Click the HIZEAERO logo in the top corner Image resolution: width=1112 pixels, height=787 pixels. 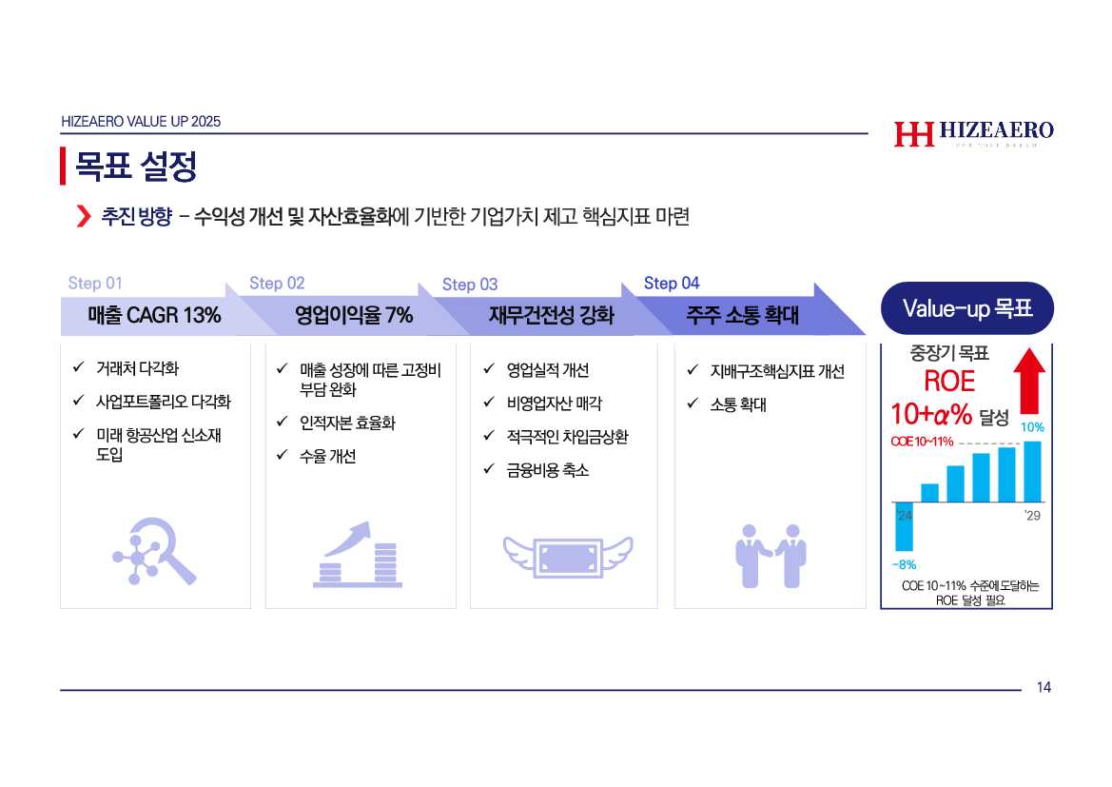point(974,132)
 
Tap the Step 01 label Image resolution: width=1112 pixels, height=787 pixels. point(95,284)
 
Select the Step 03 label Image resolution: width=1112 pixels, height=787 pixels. point(470,285)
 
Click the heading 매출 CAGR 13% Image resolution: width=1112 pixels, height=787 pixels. point(154,315)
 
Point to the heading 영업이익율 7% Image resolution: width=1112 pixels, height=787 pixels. point(354,315)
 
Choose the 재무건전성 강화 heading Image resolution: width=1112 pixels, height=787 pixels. point(551,315)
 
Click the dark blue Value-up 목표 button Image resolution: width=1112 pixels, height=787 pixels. point(967,308)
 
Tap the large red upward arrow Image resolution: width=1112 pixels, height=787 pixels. point(1029,381)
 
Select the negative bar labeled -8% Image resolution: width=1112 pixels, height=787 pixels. point(905,526)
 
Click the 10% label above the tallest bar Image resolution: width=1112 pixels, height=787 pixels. point(1032,427)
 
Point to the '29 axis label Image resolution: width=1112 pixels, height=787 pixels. point(1033,515)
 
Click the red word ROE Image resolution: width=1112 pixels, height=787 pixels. point(949,381)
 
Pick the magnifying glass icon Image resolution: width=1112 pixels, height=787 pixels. point(155,551)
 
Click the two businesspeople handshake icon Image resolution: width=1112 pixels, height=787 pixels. point(771,556)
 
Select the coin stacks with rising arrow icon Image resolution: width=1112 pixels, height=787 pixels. point(358,554)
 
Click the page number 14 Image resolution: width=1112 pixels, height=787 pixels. point(1044,687)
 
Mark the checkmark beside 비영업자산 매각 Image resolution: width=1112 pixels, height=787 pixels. point(489,402)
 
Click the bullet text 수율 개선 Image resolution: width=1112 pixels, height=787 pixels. point(327,456)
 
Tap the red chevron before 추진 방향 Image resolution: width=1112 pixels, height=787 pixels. point(84,216)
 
